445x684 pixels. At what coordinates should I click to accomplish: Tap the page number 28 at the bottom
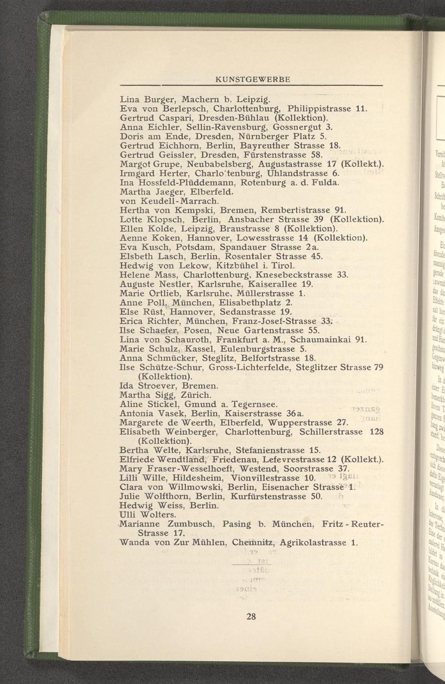(x=251, y=617)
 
